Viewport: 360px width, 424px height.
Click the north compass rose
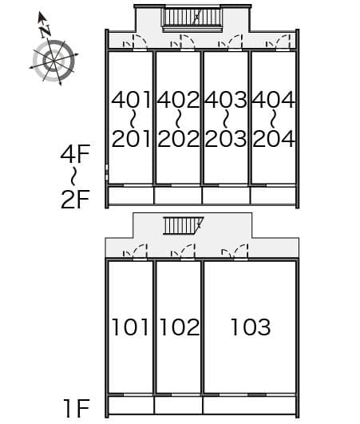(x=53, y=57)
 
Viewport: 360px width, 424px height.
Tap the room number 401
(x=131, y=100)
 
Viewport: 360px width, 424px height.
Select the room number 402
(x=178, y=100)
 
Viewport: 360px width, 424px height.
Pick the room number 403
(x=226, y=100)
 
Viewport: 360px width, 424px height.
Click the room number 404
(x=274, y=100)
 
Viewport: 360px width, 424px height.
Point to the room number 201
(x=131, y=139)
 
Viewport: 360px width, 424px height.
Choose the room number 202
(x=178, y=139)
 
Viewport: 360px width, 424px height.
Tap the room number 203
(x=226, y=139)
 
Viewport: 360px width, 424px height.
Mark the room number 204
(x=274, y=139)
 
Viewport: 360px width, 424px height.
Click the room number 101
(x=130, y=327)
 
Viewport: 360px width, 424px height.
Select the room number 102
(x=179, y=327)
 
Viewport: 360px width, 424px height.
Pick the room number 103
(x=251, y=327)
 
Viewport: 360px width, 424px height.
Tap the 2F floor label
(x=75, y=198)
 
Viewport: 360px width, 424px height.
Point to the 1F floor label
(x=75, y=410)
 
